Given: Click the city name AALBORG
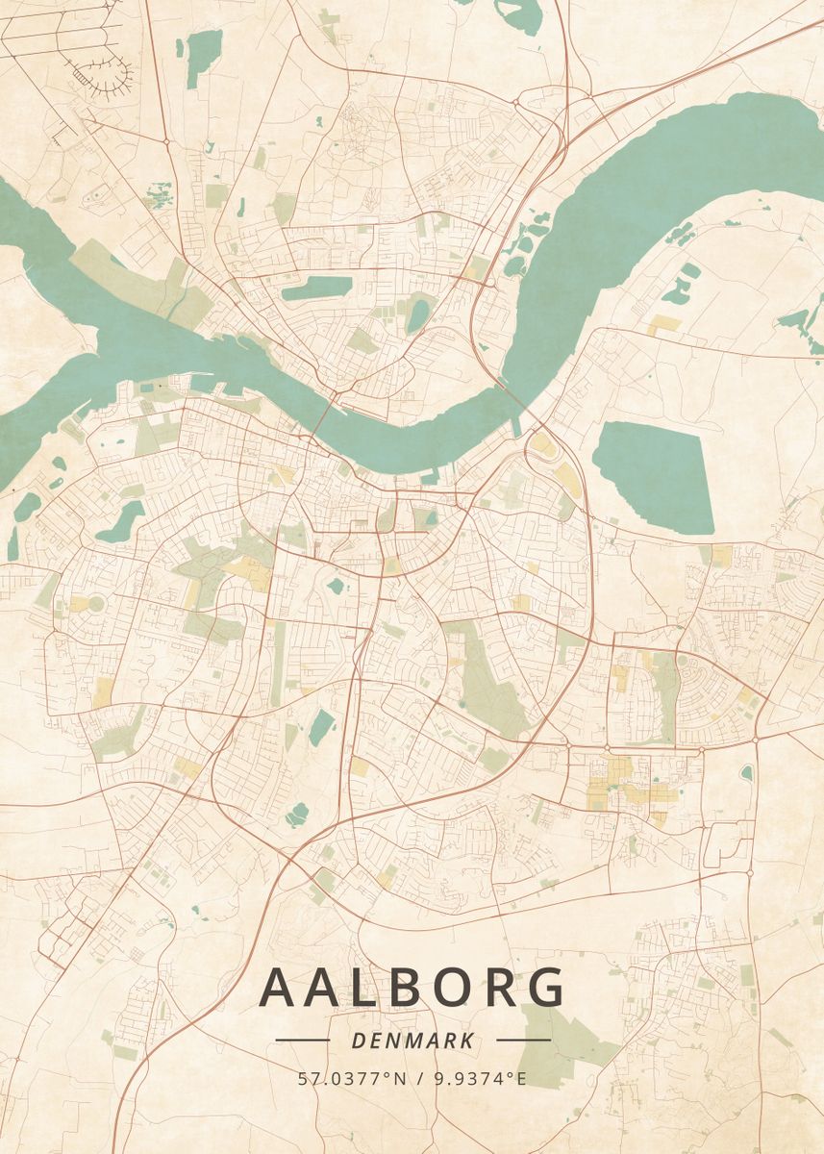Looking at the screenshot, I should (412, 988).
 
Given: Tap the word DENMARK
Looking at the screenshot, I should (412, 1041).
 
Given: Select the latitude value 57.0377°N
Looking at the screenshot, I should (345, 1079).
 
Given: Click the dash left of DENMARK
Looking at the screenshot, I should (302, 1040).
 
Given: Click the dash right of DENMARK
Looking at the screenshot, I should (523, 1040).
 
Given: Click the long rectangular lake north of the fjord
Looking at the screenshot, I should (316, 288).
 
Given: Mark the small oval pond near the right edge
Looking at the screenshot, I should (747, 772).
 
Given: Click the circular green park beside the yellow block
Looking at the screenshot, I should (95, 604).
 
